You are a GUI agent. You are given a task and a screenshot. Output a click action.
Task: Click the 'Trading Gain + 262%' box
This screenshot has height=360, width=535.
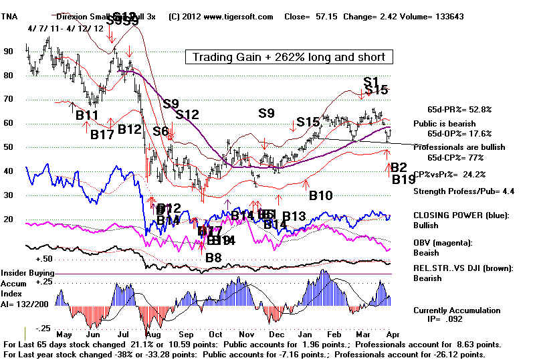[289, 58]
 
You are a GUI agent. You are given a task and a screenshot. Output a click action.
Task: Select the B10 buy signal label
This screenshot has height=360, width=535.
[320, 196]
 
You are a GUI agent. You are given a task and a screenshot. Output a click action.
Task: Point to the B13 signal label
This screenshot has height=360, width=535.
[294, 216]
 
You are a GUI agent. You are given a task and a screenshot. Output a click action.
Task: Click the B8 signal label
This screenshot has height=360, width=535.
[213, 257]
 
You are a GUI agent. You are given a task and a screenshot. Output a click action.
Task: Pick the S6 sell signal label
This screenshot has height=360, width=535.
[160, 131]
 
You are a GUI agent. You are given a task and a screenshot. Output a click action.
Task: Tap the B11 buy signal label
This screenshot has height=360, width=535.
[87, 114]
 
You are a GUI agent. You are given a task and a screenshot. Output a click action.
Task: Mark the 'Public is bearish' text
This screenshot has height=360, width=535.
[445, 124]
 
